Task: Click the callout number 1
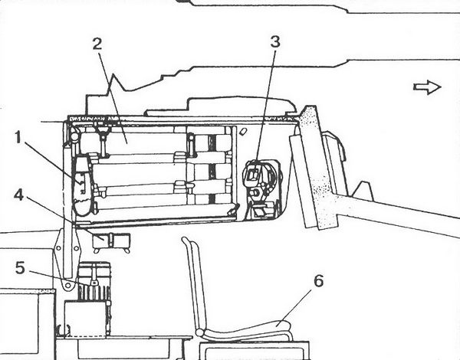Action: click(x=18, y=138)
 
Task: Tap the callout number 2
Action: click(x=97, y=44)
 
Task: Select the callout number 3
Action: click(x=275, y=41)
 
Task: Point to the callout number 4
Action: click(x=18, y=195)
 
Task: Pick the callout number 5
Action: click(x=20, y=268)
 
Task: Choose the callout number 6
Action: click(x=319, y=281)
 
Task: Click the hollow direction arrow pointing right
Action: click(x=427, y=87)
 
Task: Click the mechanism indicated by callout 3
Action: click(x=262, y=188)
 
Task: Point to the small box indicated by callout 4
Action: click(x=111, y=241)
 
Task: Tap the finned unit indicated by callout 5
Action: click(x=94, y=281)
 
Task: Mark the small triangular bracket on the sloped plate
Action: click(x=363, y=191)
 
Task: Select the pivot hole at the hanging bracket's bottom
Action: click(x=68, y=285)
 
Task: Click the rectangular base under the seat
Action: click(x=255, y=351)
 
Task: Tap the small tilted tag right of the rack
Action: click(x=243, y=132)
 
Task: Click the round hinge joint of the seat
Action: click(x=200, y=332)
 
